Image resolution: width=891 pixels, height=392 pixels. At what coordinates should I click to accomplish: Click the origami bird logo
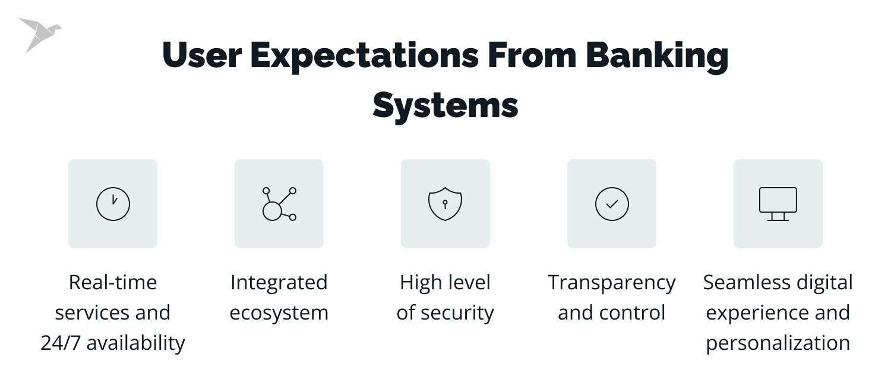click(x=39, y=34)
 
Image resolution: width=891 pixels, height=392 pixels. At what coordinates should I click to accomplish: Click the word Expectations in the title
click(x=365, y=56)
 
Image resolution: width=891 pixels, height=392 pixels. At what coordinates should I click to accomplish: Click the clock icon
click(x=113, y=204)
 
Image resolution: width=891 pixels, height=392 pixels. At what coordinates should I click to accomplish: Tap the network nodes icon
click(x=279, y=204)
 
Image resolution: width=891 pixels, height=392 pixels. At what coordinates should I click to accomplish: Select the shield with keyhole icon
click(x=445, y=204)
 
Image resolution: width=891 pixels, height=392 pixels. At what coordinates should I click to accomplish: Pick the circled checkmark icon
click(x=612, y=204)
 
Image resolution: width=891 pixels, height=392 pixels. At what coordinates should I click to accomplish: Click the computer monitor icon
click(x=778, y=204)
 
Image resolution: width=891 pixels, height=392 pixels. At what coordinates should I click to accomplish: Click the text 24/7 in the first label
click(x=61, y=343)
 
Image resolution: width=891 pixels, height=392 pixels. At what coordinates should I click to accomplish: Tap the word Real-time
click(x=113, y=282)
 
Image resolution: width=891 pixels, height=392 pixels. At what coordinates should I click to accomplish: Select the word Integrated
click(x=279, y=282)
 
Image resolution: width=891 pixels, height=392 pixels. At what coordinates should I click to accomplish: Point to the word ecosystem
click(x=279, y=312)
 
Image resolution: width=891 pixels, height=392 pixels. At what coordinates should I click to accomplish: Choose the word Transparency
click(x=612, y=283)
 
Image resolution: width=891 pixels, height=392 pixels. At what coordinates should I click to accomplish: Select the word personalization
click(x=778, y=343)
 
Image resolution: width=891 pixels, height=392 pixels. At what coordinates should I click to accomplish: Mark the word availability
click(x=136, y=343)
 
